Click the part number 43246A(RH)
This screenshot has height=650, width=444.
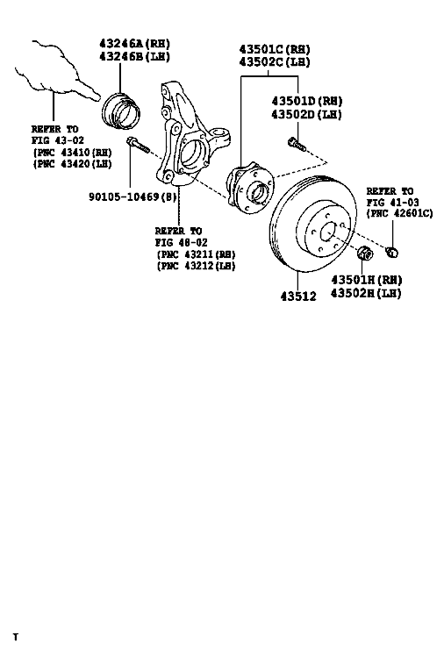click(135, 43)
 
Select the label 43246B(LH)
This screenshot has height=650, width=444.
click(135, 56)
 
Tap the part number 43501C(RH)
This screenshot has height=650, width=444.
click(275, 49)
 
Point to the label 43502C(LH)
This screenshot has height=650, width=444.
click(275, 62)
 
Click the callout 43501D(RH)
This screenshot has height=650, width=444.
click(307, 101)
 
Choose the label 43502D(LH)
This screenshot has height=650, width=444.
click(307, 114)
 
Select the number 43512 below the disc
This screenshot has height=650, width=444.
click(298, 296)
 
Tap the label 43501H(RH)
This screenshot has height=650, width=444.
click(367, 280)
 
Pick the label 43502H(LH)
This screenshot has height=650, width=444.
click(367, 294)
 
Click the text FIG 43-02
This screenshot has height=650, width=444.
click(58, 140)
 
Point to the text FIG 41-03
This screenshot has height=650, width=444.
click(392, 203)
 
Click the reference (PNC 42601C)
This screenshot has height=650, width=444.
click(399, 213)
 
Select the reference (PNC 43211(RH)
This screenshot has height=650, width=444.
click(196, 254)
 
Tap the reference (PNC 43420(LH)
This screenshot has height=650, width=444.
click(72, 164)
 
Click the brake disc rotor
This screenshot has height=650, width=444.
click(313, 225)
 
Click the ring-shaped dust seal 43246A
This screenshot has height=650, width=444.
click(121, 111)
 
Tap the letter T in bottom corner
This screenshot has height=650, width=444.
click(15, 637)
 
